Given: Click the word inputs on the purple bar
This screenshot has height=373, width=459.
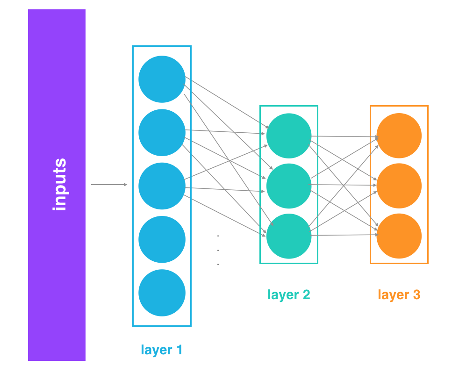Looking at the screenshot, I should click(x=60, y=185).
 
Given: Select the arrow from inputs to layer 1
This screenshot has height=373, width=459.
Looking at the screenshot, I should click(x=109, y=185).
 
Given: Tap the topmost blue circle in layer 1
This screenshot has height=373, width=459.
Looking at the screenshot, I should click(x=162, y=79).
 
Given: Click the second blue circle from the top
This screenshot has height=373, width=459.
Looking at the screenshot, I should click(x=162, y=133).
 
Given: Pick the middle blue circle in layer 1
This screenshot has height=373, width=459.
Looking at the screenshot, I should click(x=162, y=186).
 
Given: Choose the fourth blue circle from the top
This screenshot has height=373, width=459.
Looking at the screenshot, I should click(x=162, y=239).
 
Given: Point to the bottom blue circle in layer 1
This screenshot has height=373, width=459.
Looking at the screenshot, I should click(x=162, y=293).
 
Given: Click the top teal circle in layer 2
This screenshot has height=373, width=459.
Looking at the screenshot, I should click(x=289, y=136).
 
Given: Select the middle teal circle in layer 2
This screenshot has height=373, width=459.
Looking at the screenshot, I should click(x=289, y=186).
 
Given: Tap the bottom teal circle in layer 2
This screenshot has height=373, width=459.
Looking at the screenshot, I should click(x=289, y=236).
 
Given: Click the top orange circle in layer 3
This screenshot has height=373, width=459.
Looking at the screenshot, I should click(x=399, y=136).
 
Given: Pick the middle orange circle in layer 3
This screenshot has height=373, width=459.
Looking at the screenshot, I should click(x=399, y=186).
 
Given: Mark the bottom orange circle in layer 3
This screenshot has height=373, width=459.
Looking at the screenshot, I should click(x=399, y=236).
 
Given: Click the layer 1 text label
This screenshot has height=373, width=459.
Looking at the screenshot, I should click(x=162, y=350).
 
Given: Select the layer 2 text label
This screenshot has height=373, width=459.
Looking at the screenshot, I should click(x=289, y=294).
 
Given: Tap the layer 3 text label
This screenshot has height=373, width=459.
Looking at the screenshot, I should click(x=399, y=294).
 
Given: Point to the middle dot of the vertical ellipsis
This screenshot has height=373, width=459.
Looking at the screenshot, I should click(x=218, y=250).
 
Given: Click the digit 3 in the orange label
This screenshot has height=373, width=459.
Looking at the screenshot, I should click(x=416, y=294).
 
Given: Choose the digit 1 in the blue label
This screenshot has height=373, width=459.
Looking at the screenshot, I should click(x=179, y=350).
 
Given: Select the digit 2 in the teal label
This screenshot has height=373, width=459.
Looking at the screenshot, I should click(x=306, y=294).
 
